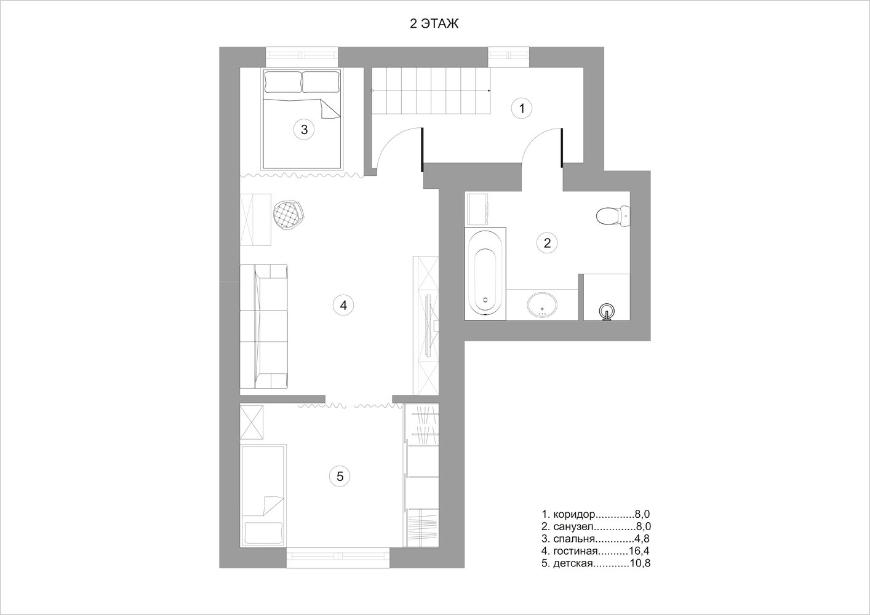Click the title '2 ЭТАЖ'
click(x=434, y=24)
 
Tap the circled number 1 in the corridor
click(x=522, y=108)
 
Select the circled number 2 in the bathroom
click(x=547, y=243)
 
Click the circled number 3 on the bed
click(x=304, y=129)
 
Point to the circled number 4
click(x=343, y=305)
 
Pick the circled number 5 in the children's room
click(x=340, y=476)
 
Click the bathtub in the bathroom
click(x=485, y=274)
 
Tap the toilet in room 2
click(x=612, y=216)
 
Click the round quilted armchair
click(x=289, y=216)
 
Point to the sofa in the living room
click(x=264, y=327)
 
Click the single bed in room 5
click(x=263, y=496)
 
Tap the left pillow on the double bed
click(x=283, y=82)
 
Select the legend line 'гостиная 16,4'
click(x=596, y=550)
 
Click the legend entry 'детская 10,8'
click(x=596, y=563)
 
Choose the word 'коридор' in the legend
click(x=574, y=515)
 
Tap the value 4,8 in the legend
click(x=641, y=539)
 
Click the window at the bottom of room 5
click(x=338, y=558)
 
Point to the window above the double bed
click(x=301, y=57)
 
